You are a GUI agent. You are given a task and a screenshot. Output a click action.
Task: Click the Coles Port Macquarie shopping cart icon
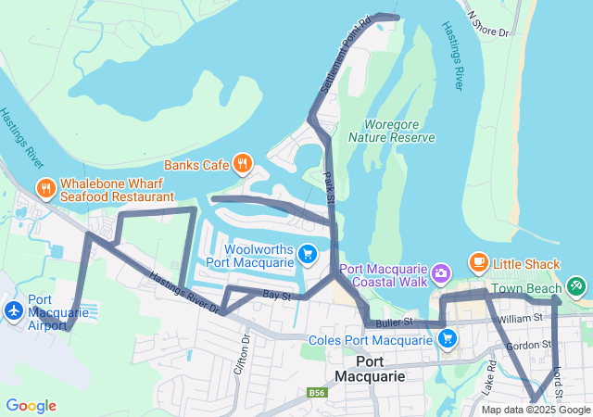447,339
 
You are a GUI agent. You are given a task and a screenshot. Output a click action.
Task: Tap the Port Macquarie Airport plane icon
14,310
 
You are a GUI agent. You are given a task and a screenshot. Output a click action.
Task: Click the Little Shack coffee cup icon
478,262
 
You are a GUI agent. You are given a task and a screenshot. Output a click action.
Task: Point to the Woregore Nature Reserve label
391,131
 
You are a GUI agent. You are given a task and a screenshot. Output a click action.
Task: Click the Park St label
327,181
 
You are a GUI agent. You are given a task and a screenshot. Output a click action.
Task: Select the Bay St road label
276,296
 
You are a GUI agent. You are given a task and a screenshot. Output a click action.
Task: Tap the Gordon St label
523,345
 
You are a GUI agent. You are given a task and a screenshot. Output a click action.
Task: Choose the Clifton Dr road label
246,351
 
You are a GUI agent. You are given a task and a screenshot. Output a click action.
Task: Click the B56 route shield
317,394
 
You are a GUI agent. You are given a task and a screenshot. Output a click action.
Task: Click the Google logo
31,406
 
